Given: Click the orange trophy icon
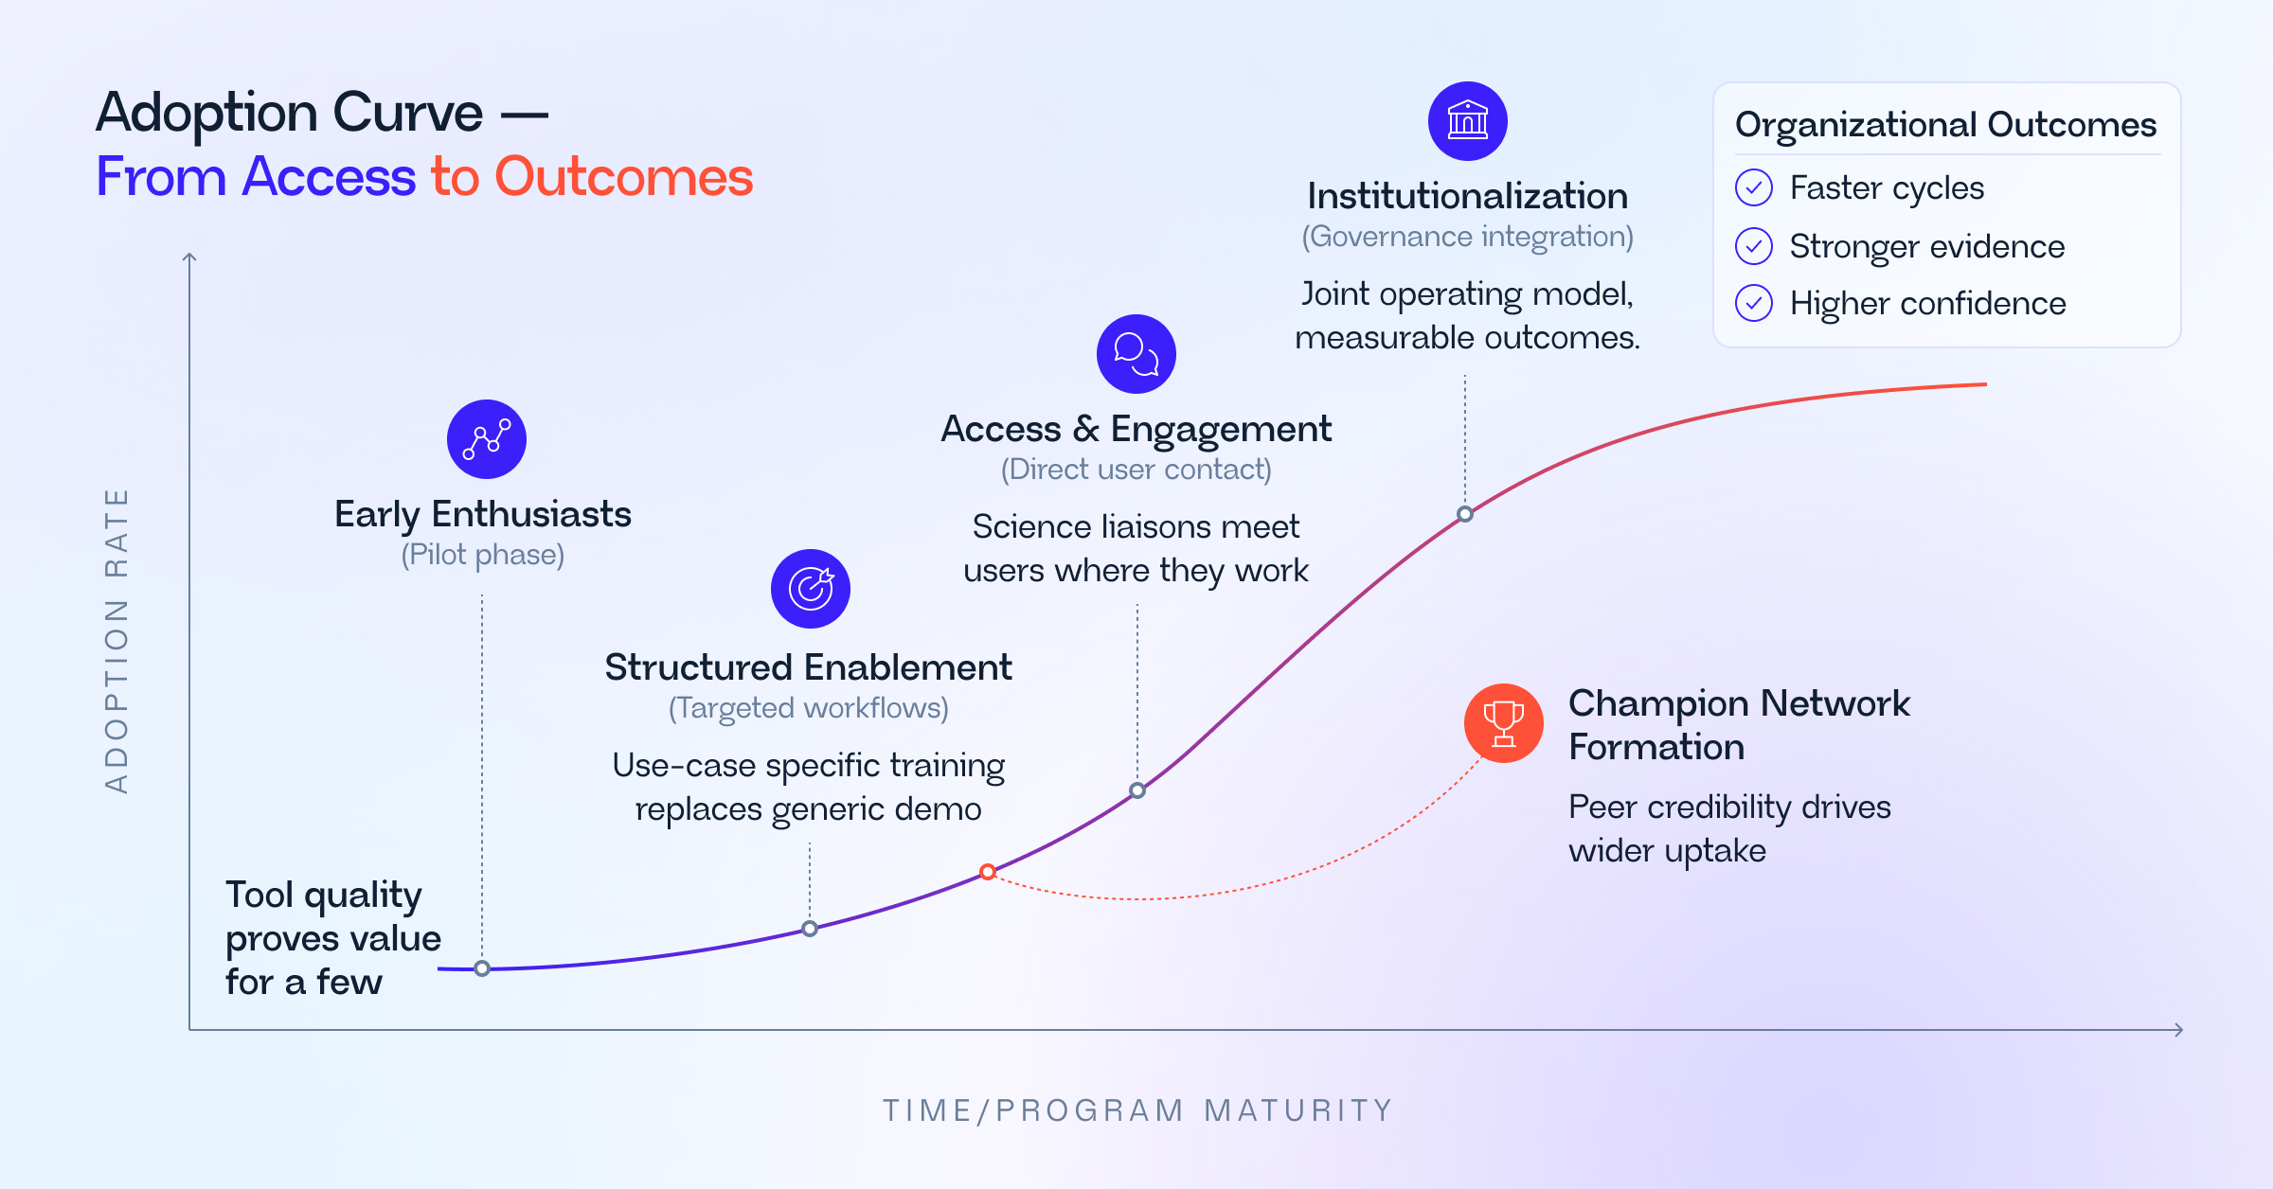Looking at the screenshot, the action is point(1503,723).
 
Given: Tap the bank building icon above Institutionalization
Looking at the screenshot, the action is point(1467,121).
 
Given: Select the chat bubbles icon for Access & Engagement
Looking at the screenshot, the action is point(1136,354).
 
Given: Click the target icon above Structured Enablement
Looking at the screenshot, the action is point(811,588).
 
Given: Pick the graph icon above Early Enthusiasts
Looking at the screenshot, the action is point(487,439).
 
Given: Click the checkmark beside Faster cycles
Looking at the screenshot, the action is point(1753,187).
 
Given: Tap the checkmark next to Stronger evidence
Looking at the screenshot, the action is point(1753,246).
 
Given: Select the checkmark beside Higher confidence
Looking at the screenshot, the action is point(1753,303).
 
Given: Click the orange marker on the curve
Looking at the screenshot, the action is point(988,872).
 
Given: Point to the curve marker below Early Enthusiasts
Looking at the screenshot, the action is point(482,968).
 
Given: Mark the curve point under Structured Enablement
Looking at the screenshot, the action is point(810,929).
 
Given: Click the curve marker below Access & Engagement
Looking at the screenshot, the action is point(1137,790).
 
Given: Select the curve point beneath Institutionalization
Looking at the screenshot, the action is point(1465,514).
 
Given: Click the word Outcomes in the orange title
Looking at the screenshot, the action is point(623,177).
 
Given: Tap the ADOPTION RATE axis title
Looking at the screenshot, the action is point(116,641).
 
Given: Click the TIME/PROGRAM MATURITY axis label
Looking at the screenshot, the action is point(1137,1109).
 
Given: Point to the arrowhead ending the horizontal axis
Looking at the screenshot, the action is point(2179,1030).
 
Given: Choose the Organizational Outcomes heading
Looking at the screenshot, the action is point(1945,124).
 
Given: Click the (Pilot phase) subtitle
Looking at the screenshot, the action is point(482,555).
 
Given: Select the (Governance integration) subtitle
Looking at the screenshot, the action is point(1467,237).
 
